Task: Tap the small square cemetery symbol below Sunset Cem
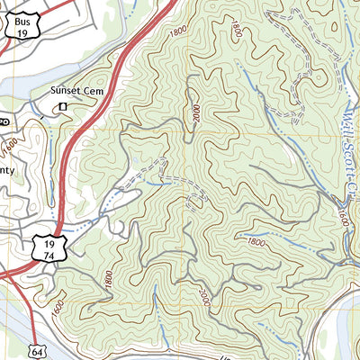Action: (64, 108)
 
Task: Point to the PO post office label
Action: (4, 120)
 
